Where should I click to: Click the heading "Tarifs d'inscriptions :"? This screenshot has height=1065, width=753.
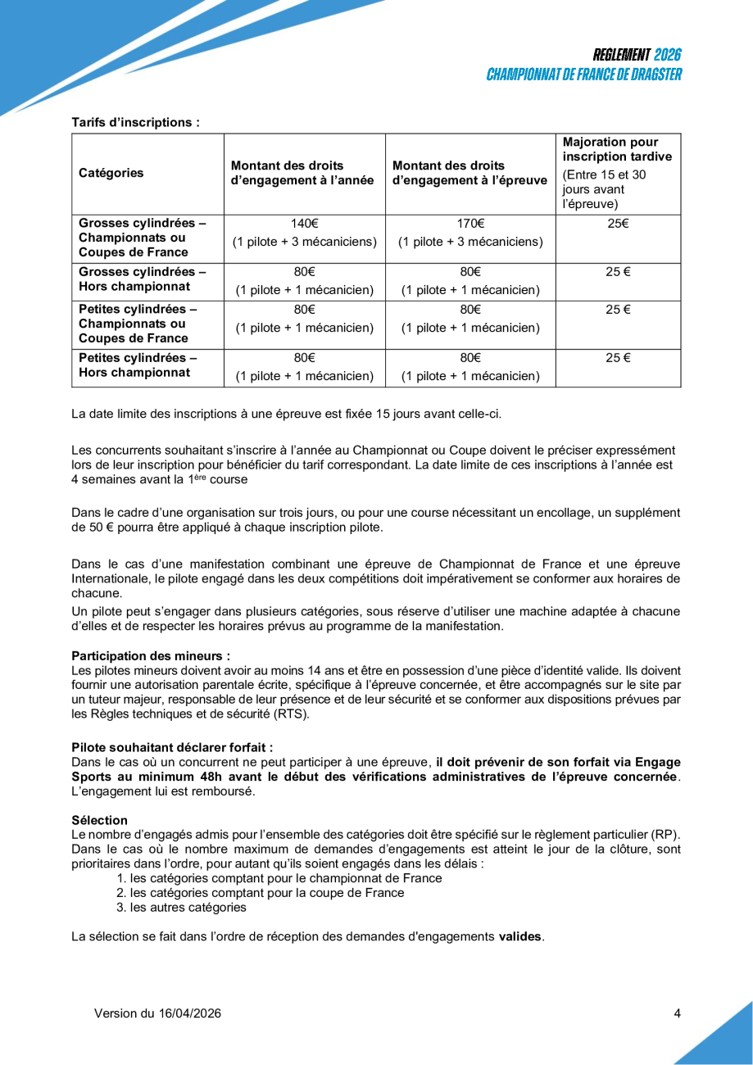tap(135, 122)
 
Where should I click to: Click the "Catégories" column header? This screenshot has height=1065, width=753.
tap(111, 173)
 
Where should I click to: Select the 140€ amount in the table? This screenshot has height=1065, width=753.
tap(305, 224)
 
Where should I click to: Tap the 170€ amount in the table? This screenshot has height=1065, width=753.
tap(470, 224)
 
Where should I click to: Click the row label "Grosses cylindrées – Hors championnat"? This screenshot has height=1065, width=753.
tap(140, 280)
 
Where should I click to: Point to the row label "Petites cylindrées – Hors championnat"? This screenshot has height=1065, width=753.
tap(140, 365)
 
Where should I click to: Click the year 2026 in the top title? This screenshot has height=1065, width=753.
tap(668, 55)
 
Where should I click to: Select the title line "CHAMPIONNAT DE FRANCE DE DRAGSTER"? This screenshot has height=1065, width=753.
tap(583, 75)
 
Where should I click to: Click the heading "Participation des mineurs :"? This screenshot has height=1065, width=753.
tap(151, 656)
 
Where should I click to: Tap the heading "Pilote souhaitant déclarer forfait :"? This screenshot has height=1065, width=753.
tap(172, 747)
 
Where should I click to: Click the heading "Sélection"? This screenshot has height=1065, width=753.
tap(100, 820)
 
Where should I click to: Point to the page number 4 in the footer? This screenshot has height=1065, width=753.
tap(677, 1013)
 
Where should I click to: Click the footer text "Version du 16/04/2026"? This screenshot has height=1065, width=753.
tap(157, 1013)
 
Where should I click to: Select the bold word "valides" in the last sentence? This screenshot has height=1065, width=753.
tap(520, 936)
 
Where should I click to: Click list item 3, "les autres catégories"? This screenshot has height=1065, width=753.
tap(188, 907)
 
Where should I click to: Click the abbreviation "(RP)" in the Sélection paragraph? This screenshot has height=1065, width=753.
tap(665, 834)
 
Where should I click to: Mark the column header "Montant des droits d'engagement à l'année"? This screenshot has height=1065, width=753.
tap(303, 173)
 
